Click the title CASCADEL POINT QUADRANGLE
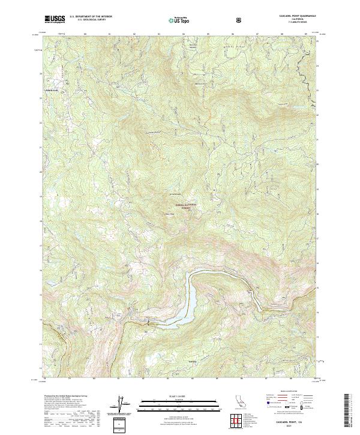[292, 16]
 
